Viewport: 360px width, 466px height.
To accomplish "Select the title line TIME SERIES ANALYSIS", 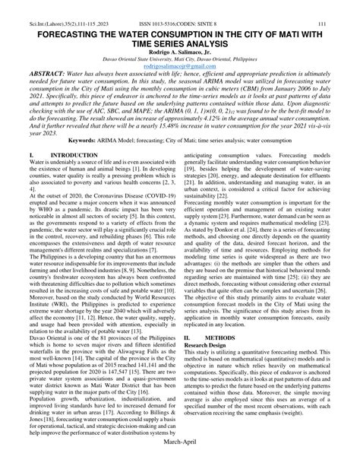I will point(180,28).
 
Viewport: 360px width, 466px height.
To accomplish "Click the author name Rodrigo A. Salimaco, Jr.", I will point(180,37).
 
